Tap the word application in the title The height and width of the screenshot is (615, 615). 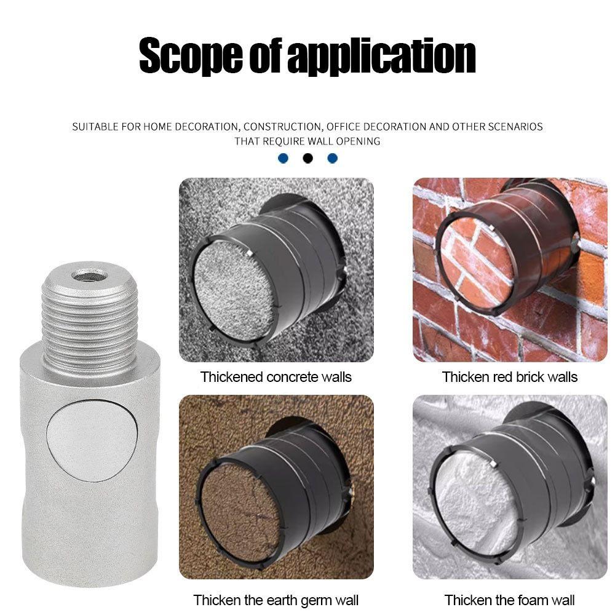coord(381,56)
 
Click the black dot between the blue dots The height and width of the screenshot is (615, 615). coord(307,158)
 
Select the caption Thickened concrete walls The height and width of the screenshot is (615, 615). coord(276,376)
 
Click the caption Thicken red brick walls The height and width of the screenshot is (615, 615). coord(510,376)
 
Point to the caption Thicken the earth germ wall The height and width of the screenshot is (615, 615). coord(276,599)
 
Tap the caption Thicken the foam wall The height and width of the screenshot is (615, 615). coord(510,599)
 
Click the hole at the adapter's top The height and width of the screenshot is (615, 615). coord(90,274)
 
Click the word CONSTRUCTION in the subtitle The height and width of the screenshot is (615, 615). coord(282,127)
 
